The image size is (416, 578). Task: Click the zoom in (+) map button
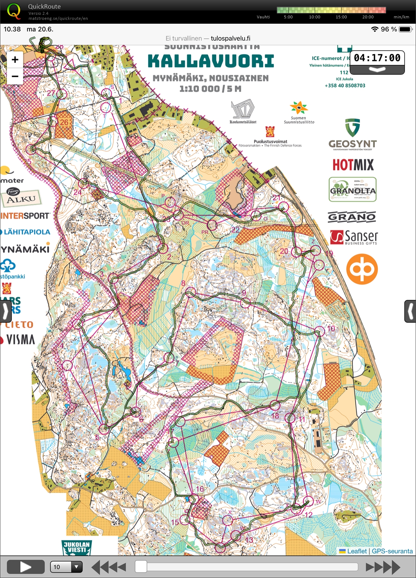pyautogui.click(x=15, y=59)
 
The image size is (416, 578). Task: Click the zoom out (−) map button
pyautogui.click(x=15, y=76)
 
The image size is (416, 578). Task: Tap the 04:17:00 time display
pyautogui.click(x=377, y=58)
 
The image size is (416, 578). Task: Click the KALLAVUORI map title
pyautogui.click(x=211, y=61)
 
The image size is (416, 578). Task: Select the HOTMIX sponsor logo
pyautogui.click(x=353, y=165)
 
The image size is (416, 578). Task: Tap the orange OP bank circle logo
pyautogui.click(x=362, y=269)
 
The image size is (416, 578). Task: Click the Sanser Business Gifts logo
pyautogui.click(x=354, y=238)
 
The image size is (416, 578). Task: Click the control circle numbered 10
pyautogui.click(x=320, y=332)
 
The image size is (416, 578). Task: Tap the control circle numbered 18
pyautogui.click(x=275, y=405)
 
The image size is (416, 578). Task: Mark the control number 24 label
pyautogui.click(x=78, y=192)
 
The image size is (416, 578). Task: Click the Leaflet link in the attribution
pyautogui.click(x=357, y=551)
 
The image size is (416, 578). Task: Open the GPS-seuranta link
pyautogui.click(x=392, y=551)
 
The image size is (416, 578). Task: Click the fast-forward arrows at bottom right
pyautogui.click(x=383, y=567)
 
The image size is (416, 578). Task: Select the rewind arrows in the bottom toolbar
pyautogui.click(x=109, y=567)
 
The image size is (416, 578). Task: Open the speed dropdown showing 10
pyautogui.click(x=66, y=567)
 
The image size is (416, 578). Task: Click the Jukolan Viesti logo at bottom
pyautogui.click(x=77, y=547)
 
